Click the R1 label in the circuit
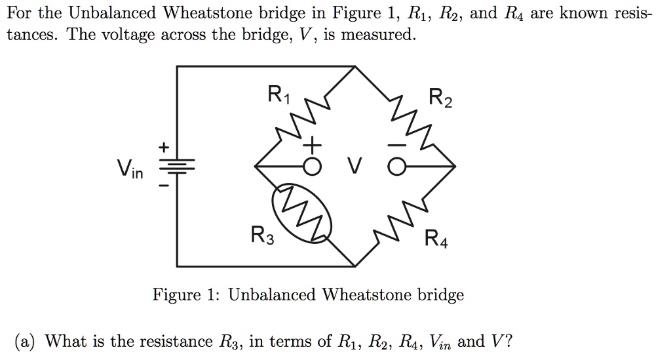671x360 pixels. (278, 96)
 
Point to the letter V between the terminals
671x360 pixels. (355, 169)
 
